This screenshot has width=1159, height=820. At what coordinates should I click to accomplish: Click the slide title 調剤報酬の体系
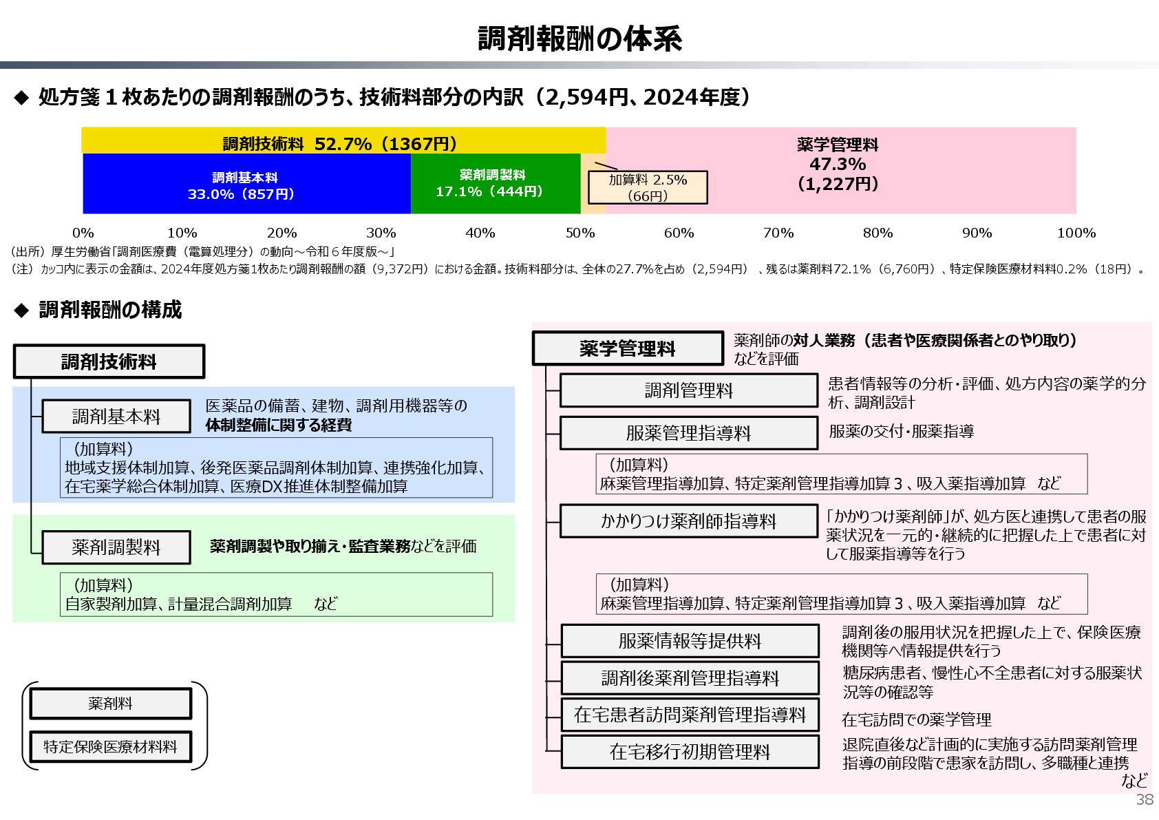579,39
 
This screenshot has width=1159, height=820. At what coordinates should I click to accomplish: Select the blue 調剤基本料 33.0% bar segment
246,185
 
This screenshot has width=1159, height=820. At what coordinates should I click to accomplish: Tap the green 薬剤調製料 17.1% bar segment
494,184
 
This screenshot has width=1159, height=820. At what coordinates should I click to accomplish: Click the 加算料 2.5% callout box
647,187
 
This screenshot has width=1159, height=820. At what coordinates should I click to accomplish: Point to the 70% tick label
778,233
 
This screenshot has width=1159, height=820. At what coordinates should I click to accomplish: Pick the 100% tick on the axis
1076,233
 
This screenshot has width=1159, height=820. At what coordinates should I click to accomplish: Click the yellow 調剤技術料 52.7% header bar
342,143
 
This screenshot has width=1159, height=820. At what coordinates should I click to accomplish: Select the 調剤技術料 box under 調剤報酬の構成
109,361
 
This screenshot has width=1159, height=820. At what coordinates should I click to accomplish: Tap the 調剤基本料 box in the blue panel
116,416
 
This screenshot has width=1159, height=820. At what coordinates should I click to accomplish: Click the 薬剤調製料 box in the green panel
116,547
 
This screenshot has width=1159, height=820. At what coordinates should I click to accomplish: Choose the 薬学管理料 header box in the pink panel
627,348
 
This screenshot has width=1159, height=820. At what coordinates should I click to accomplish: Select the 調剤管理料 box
688,390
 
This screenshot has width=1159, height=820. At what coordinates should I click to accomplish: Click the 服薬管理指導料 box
688,433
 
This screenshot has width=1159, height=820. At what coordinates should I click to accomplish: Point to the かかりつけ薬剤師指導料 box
688,521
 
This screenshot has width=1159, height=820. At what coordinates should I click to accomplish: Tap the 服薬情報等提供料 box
690,641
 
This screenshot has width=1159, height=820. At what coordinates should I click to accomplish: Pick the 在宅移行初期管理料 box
690,752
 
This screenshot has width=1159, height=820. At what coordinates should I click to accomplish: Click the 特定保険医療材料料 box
110,747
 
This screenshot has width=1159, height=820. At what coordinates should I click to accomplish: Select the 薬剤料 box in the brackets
110,704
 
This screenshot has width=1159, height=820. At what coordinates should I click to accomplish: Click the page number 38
1145,799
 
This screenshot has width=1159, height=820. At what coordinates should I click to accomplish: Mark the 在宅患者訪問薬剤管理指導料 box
690,715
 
